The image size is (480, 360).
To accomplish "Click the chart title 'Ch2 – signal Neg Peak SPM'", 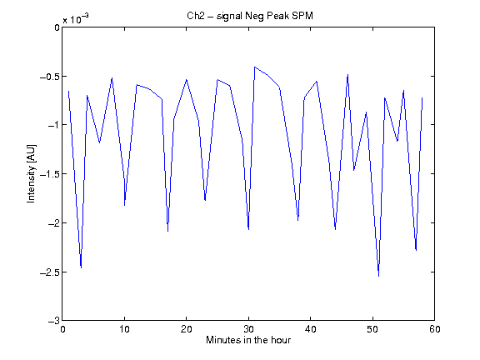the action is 250,16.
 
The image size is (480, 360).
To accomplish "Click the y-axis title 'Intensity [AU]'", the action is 31,173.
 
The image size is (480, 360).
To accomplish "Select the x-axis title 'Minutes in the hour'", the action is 248,340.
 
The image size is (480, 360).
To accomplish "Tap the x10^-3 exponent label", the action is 76,19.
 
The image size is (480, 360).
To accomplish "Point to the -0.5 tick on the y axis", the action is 50,77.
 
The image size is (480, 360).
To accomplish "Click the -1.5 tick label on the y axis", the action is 50,174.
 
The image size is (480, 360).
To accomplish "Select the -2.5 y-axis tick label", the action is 50,272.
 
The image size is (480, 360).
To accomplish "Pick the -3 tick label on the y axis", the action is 53,321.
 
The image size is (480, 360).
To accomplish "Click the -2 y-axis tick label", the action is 53,223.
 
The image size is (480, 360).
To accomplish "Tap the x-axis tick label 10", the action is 124,329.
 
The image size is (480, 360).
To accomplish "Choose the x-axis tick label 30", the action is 248,329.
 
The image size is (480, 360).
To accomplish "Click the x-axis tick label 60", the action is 435,329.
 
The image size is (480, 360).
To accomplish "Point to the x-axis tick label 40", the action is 310,329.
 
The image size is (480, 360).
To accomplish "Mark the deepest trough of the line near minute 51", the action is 378,276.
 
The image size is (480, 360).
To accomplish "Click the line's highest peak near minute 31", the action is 254,67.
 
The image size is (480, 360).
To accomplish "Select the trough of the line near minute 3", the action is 81,267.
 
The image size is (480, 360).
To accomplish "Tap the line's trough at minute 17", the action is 167,231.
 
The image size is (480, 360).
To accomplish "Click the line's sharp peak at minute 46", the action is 347,74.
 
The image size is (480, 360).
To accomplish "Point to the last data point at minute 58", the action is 422,98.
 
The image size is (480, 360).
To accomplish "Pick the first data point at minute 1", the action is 68,91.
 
